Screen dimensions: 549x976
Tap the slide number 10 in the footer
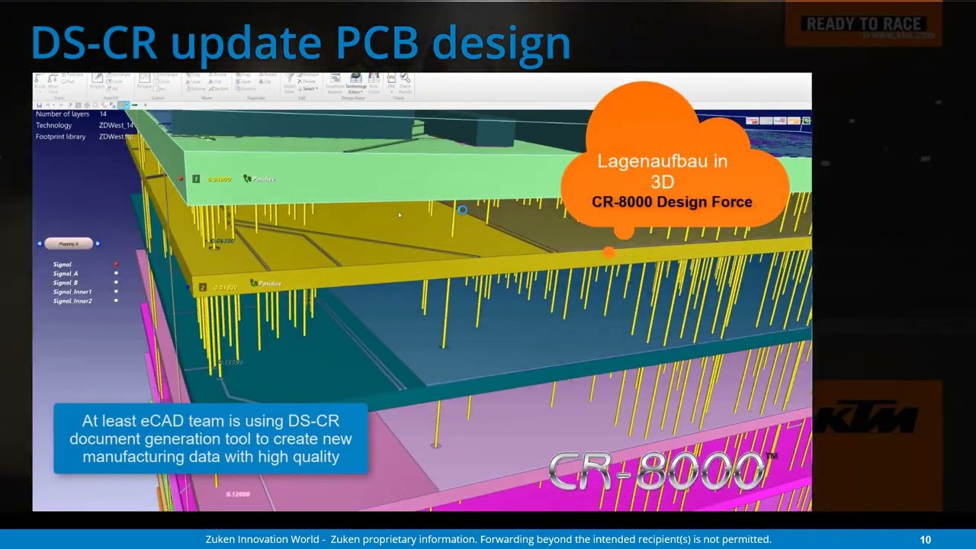[925, 539]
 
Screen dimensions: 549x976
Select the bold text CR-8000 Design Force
[672, 202]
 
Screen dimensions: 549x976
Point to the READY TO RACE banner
[863, 24]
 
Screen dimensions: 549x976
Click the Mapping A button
[69, 244]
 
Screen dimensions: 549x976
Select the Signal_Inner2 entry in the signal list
[72, 301]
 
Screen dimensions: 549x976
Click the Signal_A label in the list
[66, 274]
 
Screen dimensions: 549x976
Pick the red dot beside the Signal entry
[116, 265]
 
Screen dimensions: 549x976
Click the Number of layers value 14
[103, 114]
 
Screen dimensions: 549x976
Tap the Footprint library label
[60, 137]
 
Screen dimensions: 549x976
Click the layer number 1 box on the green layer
[196, 179]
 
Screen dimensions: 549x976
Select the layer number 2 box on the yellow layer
[203, 287]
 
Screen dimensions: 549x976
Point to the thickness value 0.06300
[221, 242]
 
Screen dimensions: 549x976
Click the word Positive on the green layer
[264, 179]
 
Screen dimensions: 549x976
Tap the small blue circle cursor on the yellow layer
[462, 210]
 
